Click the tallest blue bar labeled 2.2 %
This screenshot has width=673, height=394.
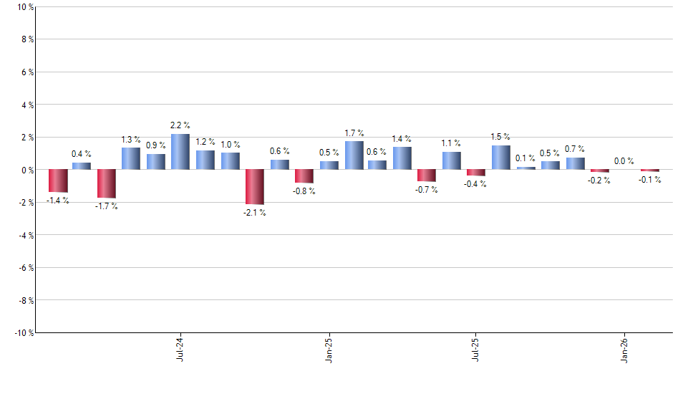coord(180,152)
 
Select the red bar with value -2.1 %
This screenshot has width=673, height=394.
coord(255,187)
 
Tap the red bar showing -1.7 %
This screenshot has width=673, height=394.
coord(107,183)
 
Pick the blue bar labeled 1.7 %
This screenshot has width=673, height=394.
coord(354,155)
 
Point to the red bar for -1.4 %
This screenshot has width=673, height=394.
coord(58,181)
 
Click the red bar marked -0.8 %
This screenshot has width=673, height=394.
coord(304,176)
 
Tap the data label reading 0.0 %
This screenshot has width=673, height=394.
coord(624,161)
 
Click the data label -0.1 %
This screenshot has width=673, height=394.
coord(650,180)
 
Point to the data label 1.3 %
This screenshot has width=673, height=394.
coord(131,140)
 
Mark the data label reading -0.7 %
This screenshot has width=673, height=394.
coord(427,190)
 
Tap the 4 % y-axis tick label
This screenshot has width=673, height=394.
coord(26,105)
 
